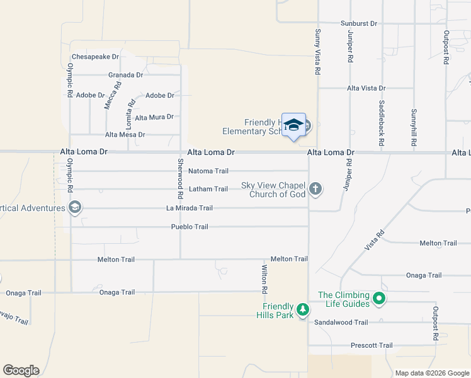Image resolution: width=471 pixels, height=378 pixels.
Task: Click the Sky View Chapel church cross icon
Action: click(315, 188)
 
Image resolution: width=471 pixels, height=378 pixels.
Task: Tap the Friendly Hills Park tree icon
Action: click(303, 309)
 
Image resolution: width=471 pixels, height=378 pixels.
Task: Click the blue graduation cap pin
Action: click(293, 126)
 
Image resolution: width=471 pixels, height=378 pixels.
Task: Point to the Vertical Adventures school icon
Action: click(75, 207)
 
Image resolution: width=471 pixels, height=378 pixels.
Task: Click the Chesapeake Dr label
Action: click(95, 57)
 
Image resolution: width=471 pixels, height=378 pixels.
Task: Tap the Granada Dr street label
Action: click(125, 75)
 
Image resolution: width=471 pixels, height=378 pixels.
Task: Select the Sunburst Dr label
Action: click(358, 23)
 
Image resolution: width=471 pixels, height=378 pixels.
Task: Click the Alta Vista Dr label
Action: click(366, 89)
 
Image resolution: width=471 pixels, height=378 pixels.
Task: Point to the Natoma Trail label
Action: click(208, 171)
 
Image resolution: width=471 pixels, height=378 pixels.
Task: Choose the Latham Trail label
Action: click(208, 189)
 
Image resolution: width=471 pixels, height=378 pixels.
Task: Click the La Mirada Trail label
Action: click(190, 208)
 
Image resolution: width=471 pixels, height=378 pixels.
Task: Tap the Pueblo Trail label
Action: click(190, 227)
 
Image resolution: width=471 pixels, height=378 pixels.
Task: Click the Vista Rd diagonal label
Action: click(375, 241)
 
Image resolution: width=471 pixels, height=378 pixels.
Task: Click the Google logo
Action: click(21, 370)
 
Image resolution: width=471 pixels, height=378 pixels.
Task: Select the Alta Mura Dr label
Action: click(154, 117)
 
